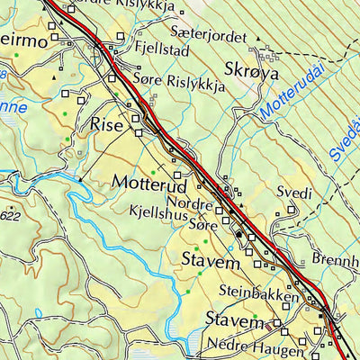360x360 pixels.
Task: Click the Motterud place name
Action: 148,183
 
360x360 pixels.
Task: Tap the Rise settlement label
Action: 106,126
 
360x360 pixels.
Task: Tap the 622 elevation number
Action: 11,216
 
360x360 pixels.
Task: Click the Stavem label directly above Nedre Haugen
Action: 234,321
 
